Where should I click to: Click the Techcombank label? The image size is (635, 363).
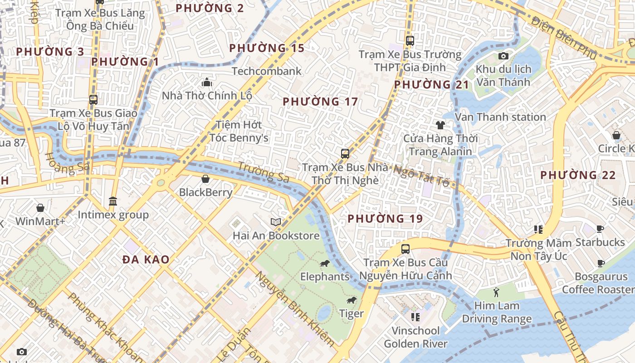[x=266, y=71]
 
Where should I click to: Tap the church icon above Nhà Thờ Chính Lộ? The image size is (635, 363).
[x=207, y=82]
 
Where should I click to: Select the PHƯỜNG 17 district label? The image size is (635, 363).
[x=320, y=102]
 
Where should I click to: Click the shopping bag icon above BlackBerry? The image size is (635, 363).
[x=205, y=179]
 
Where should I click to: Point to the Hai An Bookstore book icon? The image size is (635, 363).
[x=276, y=222]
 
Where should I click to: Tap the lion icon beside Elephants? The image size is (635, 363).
[x=324, y=264]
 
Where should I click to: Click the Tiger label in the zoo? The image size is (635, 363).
[x=352, y=314]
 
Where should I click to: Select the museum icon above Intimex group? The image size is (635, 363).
[x=113, y=201]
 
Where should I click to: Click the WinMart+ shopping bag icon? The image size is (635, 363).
[x=40, y=208]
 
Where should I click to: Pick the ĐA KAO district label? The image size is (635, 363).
[x=146, y=260]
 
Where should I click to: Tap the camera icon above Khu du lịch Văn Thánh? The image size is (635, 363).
[x=503, y=56]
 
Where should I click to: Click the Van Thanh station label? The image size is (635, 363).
[x=500, y=117]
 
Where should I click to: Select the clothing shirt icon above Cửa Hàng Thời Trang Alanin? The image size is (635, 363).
[x=440, y=125]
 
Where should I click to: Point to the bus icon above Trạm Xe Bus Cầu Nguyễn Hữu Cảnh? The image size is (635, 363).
[x=405, y=249]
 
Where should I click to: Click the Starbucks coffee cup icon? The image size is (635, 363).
[x=600, y=229]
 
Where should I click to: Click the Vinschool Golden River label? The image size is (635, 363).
[x=415, y=337]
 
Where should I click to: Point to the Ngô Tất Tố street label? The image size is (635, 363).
[x=421, y=176]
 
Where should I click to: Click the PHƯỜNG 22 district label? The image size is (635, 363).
[x=578, y=175]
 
